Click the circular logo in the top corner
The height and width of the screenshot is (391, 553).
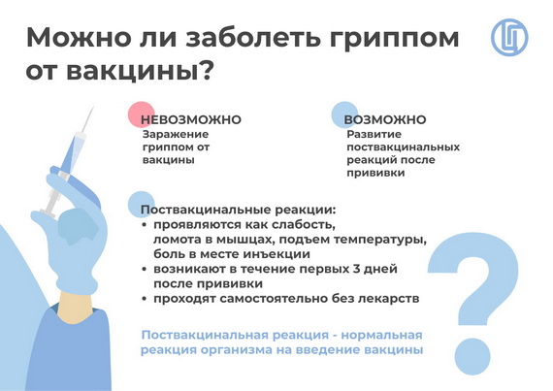tap(509, 38)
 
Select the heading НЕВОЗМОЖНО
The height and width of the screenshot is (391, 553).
tap(191, 119)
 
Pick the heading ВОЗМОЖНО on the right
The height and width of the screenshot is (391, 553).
tap(385, 119)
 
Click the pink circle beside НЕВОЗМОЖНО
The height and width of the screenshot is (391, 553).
tap(141, 114)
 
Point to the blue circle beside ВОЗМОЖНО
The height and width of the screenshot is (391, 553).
tap(345, 114)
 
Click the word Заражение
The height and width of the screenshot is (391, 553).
tap(176, 134)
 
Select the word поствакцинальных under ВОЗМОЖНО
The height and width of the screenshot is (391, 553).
tap(404, 147)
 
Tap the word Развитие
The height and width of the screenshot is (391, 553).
tap(374, 134)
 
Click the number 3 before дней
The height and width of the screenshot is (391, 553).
tap(357, 269)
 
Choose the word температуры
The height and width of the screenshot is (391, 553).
tap(380, 240)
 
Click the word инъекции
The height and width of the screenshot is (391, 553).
tap(276, 254)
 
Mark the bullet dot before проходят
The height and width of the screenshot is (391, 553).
tap(144, 299)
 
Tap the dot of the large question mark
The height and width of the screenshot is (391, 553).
tap(472, 356)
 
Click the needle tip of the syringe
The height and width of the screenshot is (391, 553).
tap(93, 108)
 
